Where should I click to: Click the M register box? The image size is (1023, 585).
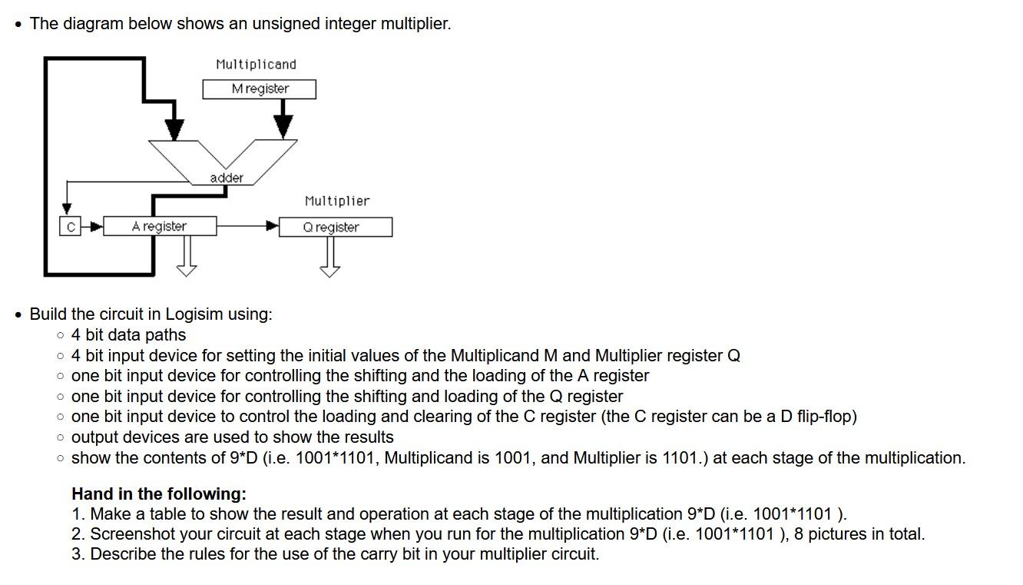pyautogui.click(x=260, y=89)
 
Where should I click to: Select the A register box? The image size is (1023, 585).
pyautogui.click(x=160, y=226)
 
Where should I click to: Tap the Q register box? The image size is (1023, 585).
pyautogui.click(x=336, y=227)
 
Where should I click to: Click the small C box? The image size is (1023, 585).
pyautogui.click(x=69, y=226)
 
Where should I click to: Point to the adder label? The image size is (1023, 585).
pyautogui.click(x=227, y=178)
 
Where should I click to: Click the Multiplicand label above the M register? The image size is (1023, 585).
pyautogui.click(x=256, y=65)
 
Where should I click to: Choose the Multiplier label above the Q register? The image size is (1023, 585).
pyautogui.click(x=336, y=201)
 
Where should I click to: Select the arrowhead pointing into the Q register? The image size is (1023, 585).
pyautogui.click(x=272, y=226)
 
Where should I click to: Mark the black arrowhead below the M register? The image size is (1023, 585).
pyautogui.click(x=284, y=125)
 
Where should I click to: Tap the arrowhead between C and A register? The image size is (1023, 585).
pyautogui.click(x=96, y=226)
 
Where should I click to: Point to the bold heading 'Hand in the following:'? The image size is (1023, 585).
pyautogui.click(x=159, y=494)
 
